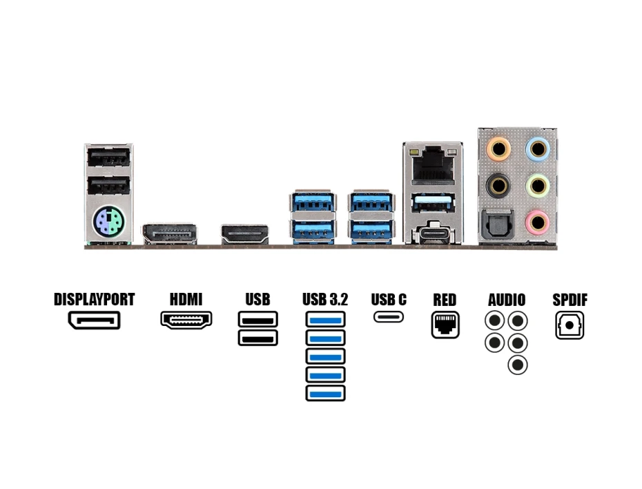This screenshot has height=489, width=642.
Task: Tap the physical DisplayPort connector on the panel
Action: coord(170,233)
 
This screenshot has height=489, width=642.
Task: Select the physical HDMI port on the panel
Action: coord(245,234)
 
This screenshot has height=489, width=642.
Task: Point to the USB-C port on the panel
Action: coord(433,234)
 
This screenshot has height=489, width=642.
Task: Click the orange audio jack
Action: coord(498,148)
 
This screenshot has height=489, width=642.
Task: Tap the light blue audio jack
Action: coord(537,148)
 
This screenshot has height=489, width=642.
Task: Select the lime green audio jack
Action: coord(537,185)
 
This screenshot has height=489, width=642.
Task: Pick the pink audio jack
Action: coord(537,222)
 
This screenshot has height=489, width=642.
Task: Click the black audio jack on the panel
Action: coord(498,185)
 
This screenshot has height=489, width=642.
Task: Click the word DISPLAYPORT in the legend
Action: coord(94,300)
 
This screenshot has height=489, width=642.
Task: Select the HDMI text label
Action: coord(186,300)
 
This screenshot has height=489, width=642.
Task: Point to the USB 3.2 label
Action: coord(325,300)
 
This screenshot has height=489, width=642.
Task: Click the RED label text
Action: coord(445,300)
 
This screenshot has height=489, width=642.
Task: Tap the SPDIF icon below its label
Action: coord(570,325)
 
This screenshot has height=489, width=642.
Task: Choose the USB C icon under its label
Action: coord(389,317)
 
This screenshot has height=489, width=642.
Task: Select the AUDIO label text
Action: coord(507,300)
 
